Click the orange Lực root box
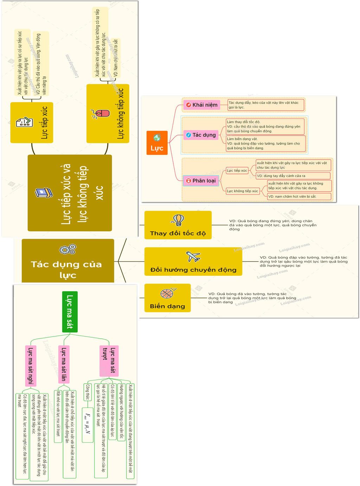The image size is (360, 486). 157,143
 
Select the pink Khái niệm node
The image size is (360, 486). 201,105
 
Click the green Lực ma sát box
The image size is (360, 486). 70,312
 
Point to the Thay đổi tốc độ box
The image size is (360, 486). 178,225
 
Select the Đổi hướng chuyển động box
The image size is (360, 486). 193,262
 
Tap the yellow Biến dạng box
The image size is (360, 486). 167,298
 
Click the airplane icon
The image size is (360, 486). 193,257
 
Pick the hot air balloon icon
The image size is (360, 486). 178,220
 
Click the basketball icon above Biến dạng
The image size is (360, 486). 167,293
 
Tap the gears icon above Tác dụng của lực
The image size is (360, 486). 67,249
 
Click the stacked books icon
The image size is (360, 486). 44,193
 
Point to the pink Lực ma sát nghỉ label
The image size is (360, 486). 31,366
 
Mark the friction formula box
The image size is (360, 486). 87,424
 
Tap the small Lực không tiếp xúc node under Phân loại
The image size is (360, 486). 242,191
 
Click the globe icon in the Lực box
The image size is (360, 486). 157,138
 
